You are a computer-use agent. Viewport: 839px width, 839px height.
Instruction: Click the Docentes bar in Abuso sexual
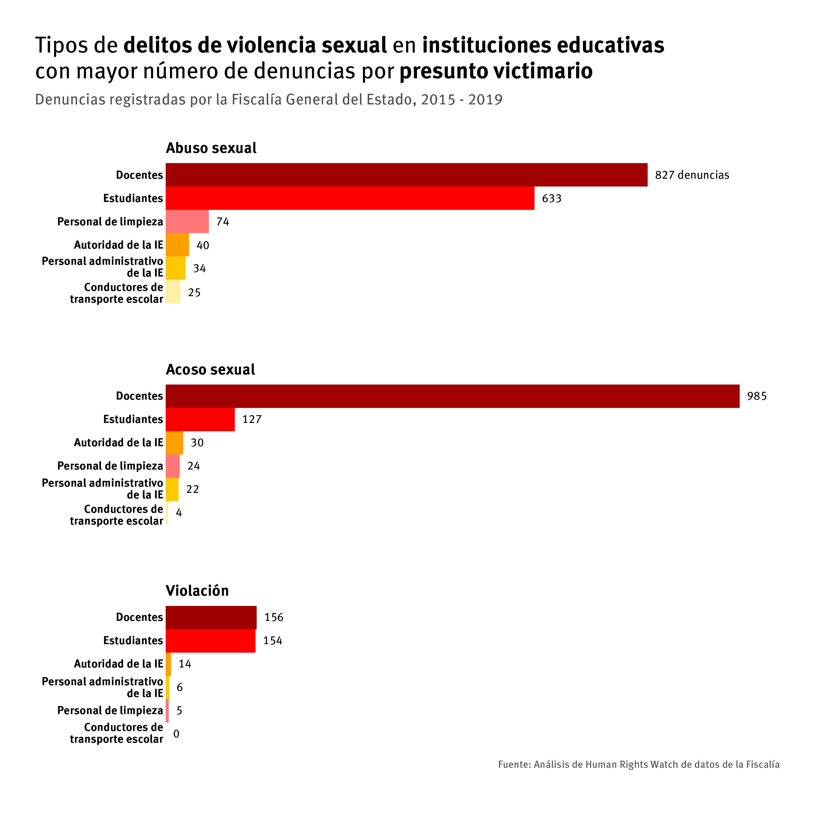(x=406, y=175)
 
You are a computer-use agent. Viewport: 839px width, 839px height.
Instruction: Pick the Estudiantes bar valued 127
(x=200, y=419)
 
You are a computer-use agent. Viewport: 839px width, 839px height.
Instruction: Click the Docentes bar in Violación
(x=211, y=617)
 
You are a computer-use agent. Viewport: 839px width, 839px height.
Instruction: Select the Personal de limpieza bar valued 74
(x=187, y=222)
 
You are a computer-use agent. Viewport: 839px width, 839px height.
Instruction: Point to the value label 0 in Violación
(x=176, y=734)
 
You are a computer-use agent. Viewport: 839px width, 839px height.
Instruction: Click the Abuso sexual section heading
(x=211, y=148)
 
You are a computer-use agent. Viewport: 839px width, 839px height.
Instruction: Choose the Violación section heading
(x=197, y=591)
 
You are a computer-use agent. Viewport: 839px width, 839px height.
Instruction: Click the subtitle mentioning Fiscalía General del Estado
(x=268, y=99)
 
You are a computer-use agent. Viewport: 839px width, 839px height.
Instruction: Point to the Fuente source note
(x=638, y=764)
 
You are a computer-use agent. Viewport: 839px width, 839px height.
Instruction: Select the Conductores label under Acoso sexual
(x=117, y=515)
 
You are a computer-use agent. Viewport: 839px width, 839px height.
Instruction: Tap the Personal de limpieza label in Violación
(x=110, y=710)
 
